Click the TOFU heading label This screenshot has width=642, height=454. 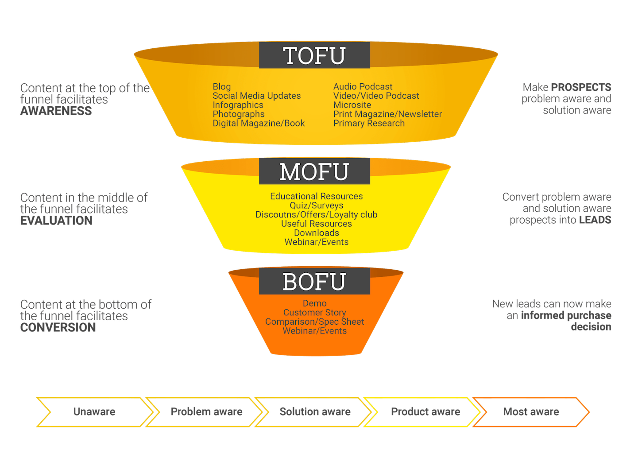[x=314, y=55]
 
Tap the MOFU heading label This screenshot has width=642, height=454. [x=314, y=172]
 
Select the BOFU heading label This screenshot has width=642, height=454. [x=314, y=282]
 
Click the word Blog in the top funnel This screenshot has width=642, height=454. [x=222, y=87]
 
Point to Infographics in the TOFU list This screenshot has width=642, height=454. [x=238, y=105]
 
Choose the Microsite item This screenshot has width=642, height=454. [x=352, y=105]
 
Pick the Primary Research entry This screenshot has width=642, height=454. [x=369, y=123]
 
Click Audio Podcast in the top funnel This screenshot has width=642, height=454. [x=363, y=87]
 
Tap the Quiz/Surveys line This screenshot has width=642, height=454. [x=317, y=206]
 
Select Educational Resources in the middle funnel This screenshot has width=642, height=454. [x=317, y=196]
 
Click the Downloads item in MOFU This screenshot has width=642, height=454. [x=317, y=233]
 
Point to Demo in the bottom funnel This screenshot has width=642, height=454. [x=315, y=303]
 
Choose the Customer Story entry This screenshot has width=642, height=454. [x=315, y=313]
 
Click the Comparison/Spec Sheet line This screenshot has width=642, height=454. [x=315, y=322]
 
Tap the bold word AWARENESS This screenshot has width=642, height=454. [x=56, y=111]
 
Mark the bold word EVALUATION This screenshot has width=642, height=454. [x=56, y=221]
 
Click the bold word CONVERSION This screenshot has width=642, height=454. [x=58, y=327]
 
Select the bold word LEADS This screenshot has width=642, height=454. [x=595, y=220]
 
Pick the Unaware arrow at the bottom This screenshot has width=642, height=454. [x=94, y=412]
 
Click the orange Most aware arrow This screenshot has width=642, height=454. [x=531, y=412]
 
